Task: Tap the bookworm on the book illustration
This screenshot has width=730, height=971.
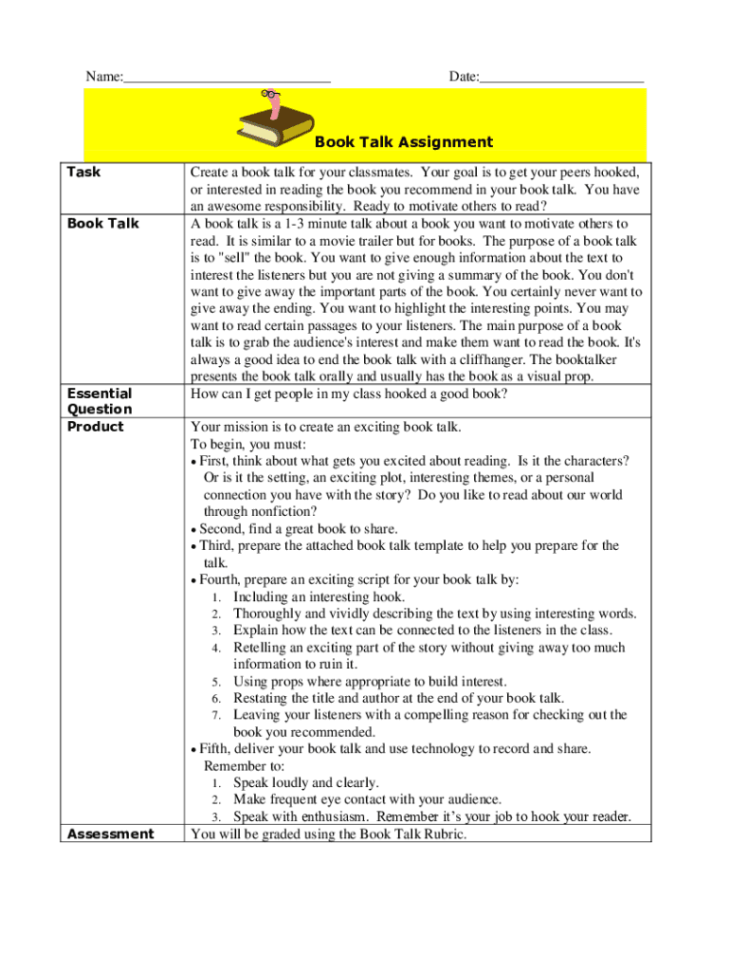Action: click(x=275, y=102)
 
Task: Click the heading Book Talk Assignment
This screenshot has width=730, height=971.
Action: click(x=404, y=142)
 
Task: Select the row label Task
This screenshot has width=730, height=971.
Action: click(x=83, y=173)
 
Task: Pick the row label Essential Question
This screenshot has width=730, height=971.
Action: click(x=99, y=401)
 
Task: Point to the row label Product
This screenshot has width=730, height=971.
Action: click(x=95, y=427)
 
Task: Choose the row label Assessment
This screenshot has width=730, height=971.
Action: click(x=110, y=834)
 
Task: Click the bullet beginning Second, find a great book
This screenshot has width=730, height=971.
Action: click(x=298, y=529)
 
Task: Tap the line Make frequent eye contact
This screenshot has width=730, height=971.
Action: click(x=367, y=800)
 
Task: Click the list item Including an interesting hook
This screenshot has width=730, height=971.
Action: click(x=319, y=597)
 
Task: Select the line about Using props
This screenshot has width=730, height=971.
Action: click(x=370, y=682)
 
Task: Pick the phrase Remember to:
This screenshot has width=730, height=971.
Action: click(x=245, y=766)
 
